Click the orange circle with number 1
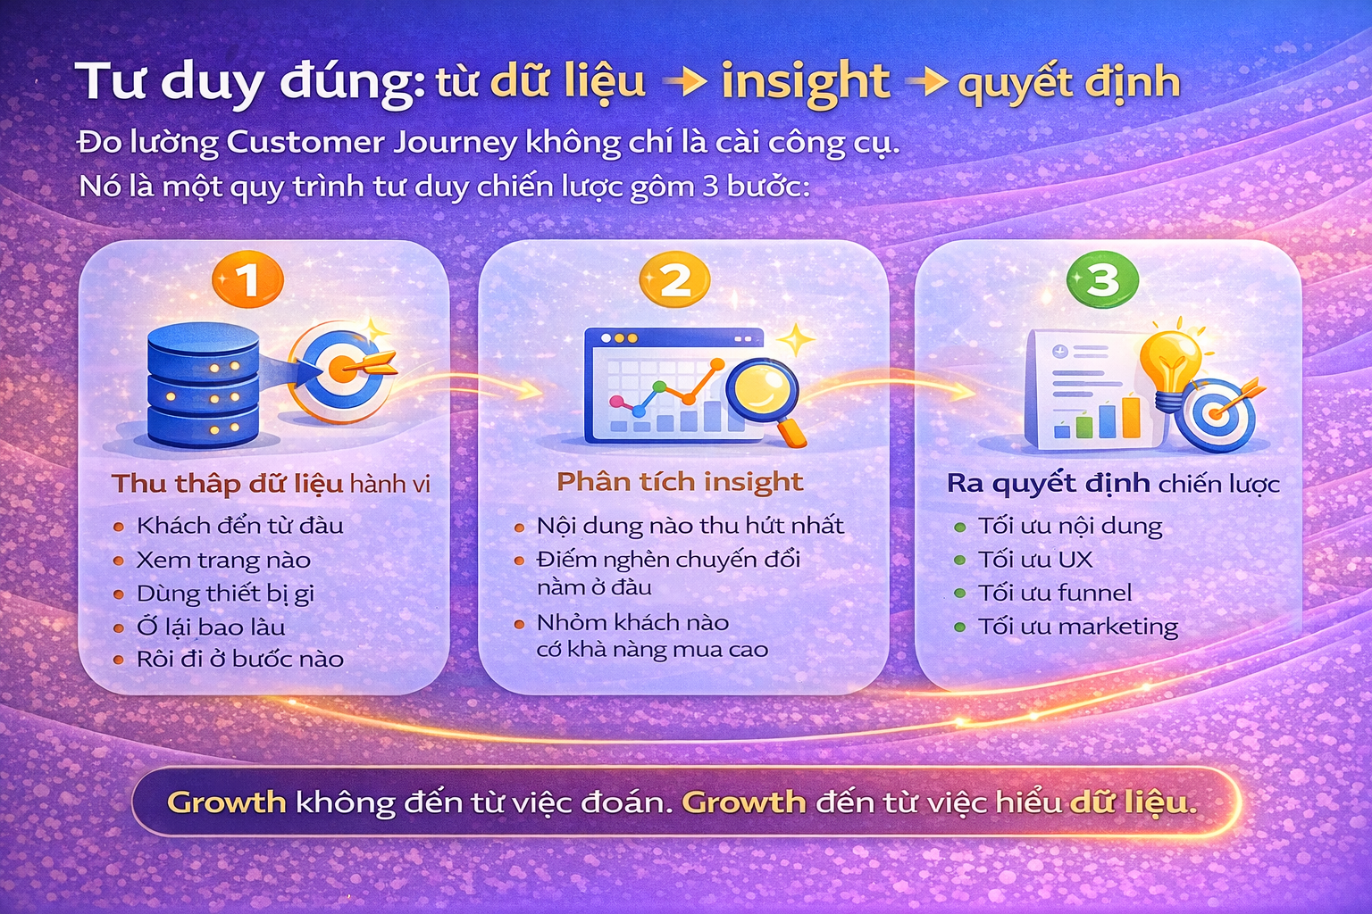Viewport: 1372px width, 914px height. point(247,280)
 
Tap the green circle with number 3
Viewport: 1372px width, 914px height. point(1102,280)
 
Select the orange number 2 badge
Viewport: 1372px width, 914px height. point(674,280)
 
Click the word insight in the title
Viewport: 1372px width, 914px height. point(805,83)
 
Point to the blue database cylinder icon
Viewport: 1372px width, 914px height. point(203,386)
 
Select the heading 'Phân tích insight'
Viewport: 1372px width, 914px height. point(680,482)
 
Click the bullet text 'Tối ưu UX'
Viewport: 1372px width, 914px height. point(1034,560)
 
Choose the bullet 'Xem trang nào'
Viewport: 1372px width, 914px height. point(223,561)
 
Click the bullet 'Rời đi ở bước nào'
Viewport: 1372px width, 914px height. point(239,660)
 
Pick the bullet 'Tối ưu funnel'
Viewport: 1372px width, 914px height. point(1054,593)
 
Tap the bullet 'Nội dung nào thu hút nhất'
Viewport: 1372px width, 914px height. point(690,526)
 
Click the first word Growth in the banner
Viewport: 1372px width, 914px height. point(226,802)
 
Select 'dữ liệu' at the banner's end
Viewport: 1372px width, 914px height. point(1131,802)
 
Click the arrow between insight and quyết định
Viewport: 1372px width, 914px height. point(926,83)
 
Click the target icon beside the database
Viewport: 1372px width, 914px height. point(342,370)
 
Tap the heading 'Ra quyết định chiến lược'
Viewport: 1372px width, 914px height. point(1113,484)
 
